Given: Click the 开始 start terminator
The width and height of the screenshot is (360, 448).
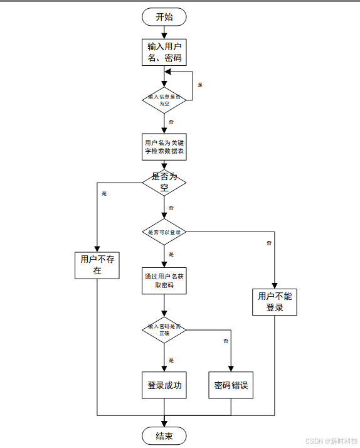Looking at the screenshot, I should pos(164,17).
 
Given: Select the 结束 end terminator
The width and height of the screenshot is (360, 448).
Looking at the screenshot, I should pos(164,435).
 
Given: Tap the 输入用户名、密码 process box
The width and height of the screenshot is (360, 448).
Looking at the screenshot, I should pos(164,52).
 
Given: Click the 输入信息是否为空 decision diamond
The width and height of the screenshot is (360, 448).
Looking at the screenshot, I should pos(164,100).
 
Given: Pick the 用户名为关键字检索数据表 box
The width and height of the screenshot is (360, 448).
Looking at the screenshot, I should pos(164,147).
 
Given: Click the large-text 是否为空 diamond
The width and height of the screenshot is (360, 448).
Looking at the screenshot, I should pos(164,183).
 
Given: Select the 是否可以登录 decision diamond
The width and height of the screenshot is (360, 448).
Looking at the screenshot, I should pos(164,232).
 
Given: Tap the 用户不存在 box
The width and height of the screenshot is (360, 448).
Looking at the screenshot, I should pos(97,265).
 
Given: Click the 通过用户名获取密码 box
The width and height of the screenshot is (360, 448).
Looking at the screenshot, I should pos(164,280).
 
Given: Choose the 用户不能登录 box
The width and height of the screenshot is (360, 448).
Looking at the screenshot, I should pos(275,302).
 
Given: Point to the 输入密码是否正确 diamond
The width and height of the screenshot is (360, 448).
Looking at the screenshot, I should pos(164,329).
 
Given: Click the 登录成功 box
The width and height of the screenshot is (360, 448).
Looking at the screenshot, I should pos(164,385).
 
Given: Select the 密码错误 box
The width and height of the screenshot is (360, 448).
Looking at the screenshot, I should pos(231,385).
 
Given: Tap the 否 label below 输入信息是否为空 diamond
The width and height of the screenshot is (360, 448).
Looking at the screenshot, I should pos(171,121).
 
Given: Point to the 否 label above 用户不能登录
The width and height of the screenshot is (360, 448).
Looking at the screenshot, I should pos(268,242).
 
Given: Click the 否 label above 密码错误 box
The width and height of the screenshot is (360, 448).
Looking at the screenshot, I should pos(225,341).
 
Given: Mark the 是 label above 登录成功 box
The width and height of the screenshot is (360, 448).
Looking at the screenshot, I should pos(171,360).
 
